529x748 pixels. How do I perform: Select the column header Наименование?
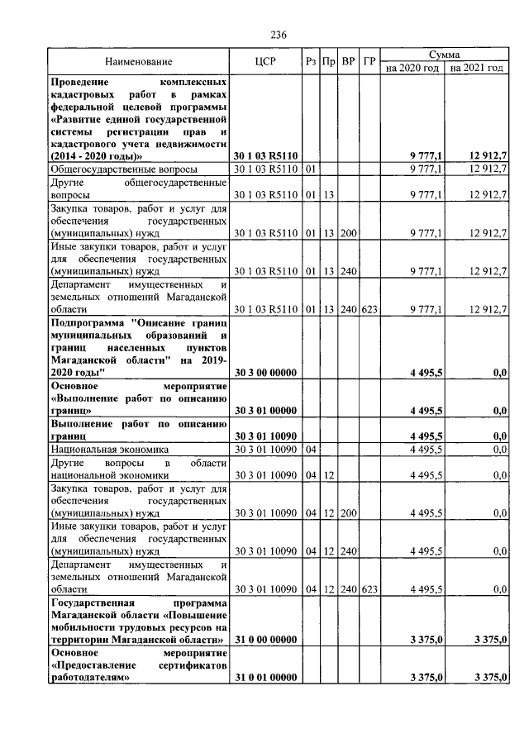(139, 61)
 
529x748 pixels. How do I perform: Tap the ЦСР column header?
(265, 61)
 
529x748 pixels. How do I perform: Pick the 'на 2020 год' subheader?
(412, 68)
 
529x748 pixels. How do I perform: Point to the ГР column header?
(369, 61)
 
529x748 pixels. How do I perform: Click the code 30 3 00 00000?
(265, 373)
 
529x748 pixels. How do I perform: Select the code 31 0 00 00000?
(265, 639)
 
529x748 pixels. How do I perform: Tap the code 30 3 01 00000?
(265, 410)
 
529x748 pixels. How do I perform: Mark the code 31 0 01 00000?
(265, 677)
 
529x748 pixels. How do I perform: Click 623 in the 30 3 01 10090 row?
(369, 588)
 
